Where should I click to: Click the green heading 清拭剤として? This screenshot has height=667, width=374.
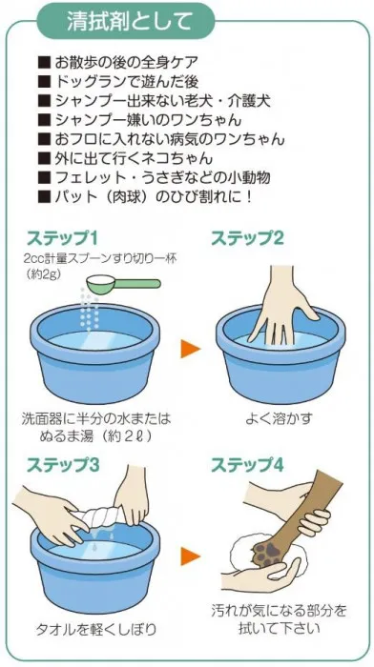point(129,21)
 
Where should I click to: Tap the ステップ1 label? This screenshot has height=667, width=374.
point(62,238)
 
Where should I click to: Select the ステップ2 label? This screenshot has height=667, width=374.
point(247,238)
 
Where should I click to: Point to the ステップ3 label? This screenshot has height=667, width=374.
point(63,465)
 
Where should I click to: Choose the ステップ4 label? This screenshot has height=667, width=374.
point(247,465)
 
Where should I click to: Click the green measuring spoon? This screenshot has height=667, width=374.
point(123,283)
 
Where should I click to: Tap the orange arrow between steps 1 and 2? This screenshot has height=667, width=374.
point(191,349)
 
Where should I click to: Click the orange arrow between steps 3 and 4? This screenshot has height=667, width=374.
point(191,556)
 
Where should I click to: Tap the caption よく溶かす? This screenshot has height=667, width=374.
point(279,418)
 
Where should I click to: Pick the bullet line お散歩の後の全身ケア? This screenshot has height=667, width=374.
point(118,63)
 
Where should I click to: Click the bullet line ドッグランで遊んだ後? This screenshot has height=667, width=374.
point(118,82)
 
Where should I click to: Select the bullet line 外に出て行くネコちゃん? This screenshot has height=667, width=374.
point(125,158)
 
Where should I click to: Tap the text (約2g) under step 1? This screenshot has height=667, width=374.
point(44,273)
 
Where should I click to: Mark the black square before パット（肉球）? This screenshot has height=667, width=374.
point(44,197)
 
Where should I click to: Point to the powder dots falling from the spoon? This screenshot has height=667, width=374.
point(90,310)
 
